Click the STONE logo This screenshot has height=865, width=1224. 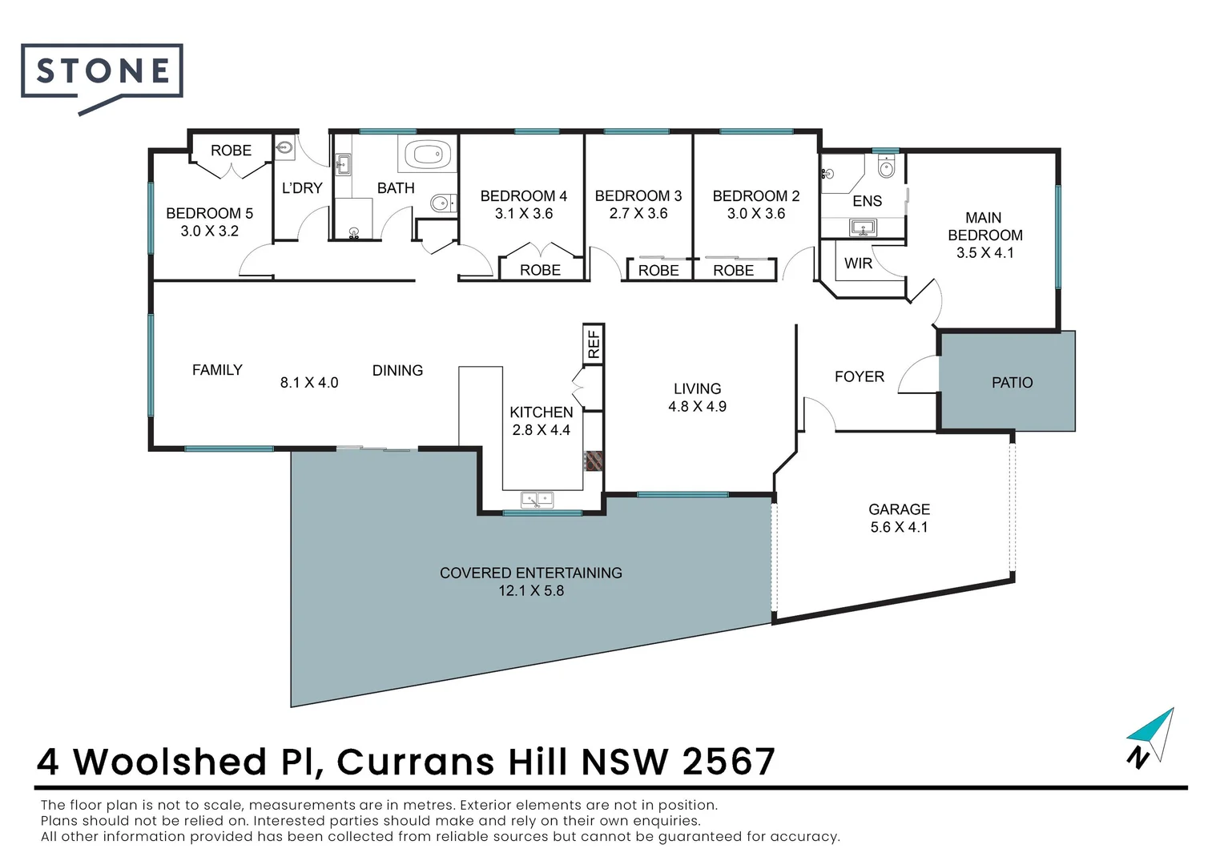[103, 72]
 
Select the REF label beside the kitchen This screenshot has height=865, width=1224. [594, 344]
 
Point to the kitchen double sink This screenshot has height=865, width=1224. [538, 500]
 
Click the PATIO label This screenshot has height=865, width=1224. [1012, 383]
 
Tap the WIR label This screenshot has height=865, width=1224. [858, 264]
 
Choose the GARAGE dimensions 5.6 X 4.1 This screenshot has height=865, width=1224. [899, 527]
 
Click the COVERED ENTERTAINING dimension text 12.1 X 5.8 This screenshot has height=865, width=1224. [531, 591]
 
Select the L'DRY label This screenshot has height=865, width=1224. [302, 188]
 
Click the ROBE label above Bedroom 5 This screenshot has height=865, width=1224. [231, 151]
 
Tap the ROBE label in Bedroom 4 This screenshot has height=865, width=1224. [540, 271]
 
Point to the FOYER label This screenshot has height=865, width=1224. [859, 376]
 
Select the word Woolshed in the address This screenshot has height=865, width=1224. [170, 762]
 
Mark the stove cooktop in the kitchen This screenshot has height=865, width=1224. [594, 461]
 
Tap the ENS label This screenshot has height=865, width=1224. [867, 201]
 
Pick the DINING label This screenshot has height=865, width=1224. [397, 371]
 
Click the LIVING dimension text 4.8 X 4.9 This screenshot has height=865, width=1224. [697, 407]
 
